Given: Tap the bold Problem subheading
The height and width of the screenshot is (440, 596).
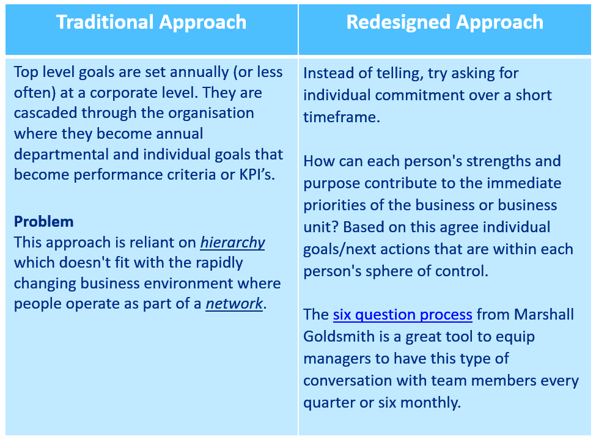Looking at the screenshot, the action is click(x=44, y=221).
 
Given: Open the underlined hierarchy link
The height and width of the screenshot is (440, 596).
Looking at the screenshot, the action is click(x=233, y=243).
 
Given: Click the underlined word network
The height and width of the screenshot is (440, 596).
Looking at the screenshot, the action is click(x=234, y=304).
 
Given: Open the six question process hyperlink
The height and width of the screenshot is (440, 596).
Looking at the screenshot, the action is click(x=403, y=315).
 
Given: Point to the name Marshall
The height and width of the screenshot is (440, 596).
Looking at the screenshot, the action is click(x=544, y=314).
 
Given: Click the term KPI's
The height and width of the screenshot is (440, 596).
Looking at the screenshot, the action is click(x=257, y=174).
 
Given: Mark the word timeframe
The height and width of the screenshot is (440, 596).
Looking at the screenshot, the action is click(x=342, y=117).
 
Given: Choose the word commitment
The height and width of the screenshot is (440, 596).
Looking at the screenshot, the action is click(x=419, y=95).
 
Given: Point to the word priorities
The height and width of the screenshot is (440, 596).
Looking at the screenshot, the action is click(x=334, y=205).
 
